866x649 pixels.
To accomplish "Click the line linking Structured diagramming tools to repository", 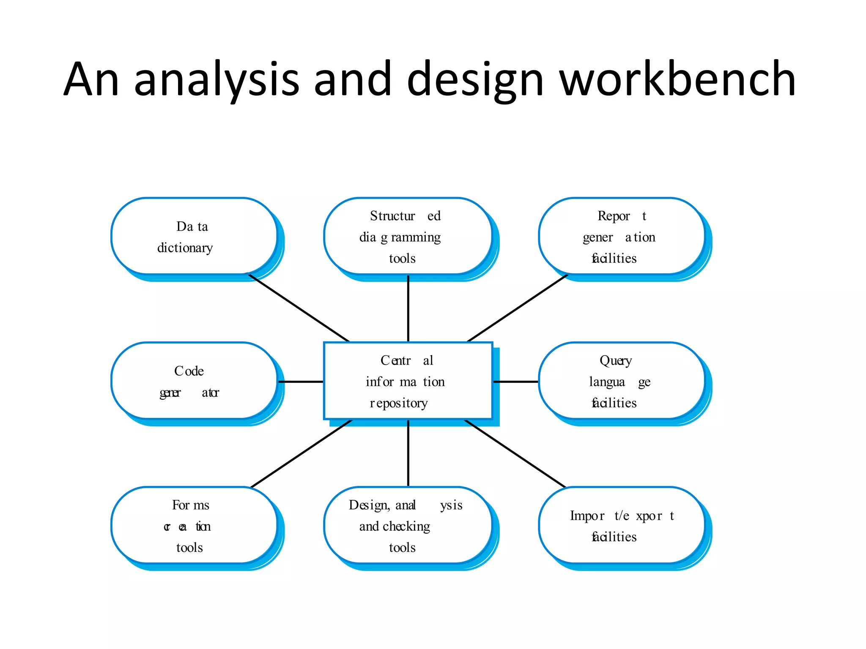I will tap(408, 308).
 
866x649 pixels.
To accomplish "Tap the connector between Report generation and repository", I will tap(517, 308).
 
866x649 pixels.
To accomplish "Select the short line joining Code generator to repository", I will tap(301, 382).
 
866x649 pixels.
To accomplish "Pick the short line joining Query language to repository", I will tap(515, 382).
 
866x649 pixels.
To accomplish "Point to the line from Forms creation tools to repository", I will tap(301, 453).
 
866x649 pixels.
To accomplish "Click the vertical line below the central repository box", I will tap(408, 453).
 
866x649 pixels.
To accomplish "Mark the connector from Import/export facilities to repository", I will tap(515, 453).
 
